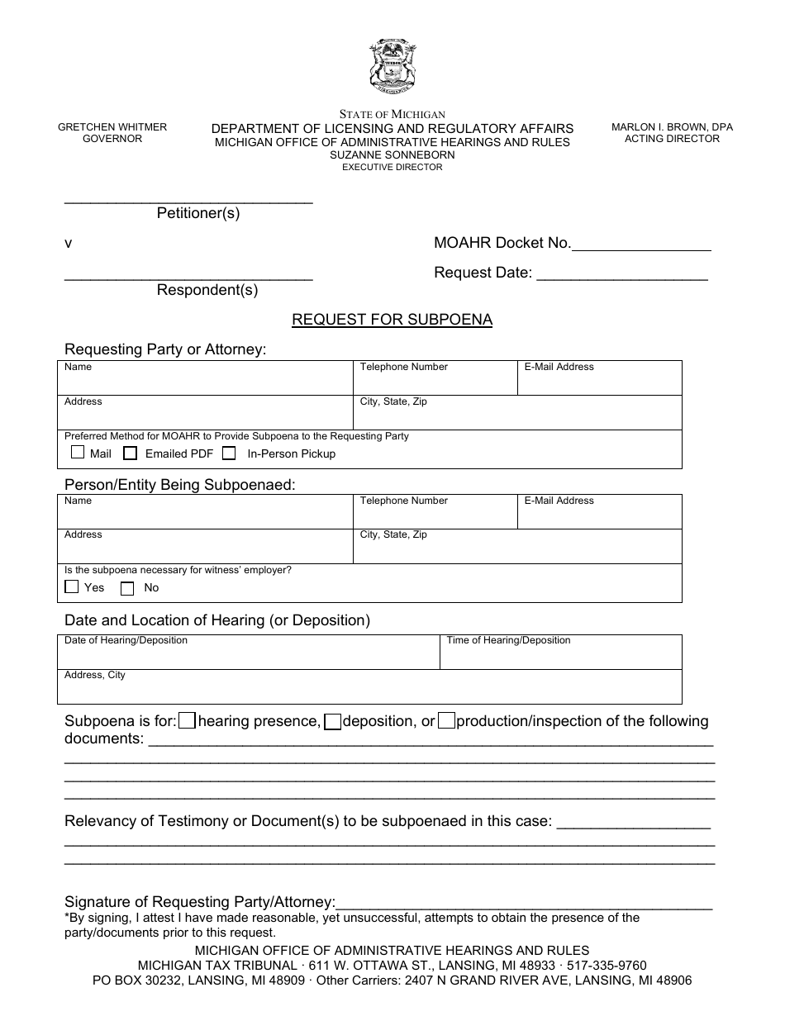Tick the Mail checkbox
tap(78, 453)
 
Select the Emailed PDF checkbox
tap(131, 453)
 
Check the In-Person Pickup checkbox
tap(230, 453)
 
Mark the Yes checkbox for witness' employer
tap(72, 587)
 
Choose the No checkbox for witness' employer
tap(127, 588)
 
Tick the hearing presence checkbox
tap(188, 721)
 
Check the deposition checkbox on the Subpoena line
tap(332, 721)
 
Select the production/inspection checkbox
tap(446, 721)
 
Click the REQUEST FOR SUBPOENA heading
tap(392, 320)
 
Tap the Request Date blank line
tap(622, 274)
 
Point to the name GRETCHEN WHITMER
tap(112, 127)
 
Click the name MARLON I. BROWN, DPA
tap(672, 127)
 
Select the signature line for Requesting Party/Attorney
tap(525, 902)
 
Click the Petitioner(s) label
tap(198, 213)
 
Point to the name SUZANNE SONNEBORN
tap(392, 154)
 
